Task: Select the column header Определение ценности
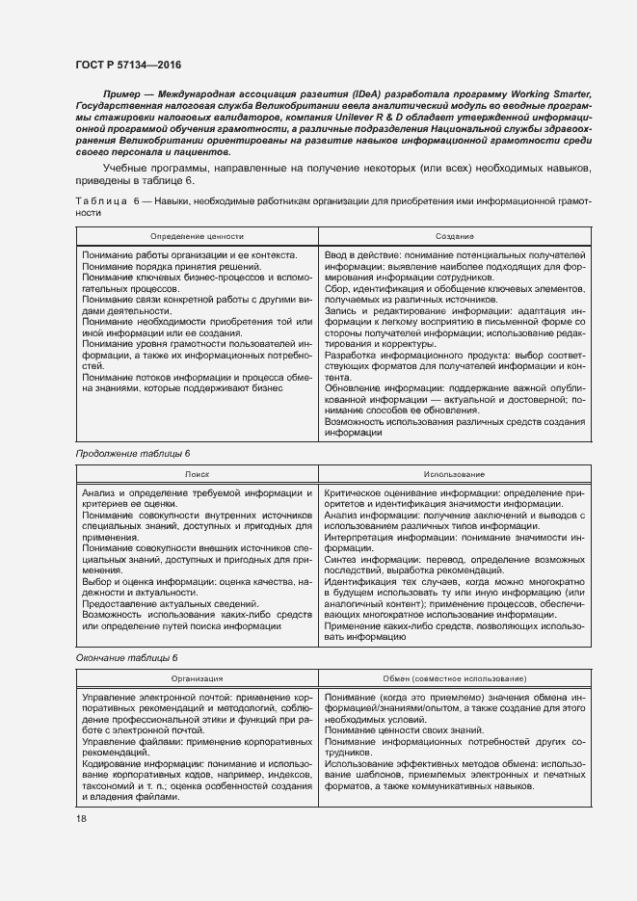pos(198,235)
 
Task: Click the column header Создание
pos(453,235)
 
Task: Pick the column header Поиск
pos(198,474)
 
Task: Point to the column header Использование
pos(453,474)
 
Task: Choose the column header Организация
pos(198,678)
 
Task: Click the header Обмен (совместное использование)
pos(453,678)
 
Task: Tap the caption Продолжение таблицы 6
pos(127,452)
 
